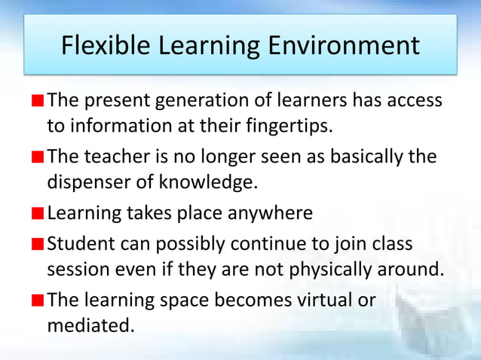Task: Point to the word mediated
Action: (x=87, y=325)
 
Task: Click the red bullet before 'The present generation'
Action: (x=38, y=101)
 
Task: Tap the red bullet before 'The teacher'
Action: (x=38, y=157)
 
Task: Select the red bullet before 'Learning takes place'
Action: (x=38, y=213)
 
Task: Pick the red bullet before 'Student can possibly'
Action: (x=38, y=245)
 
